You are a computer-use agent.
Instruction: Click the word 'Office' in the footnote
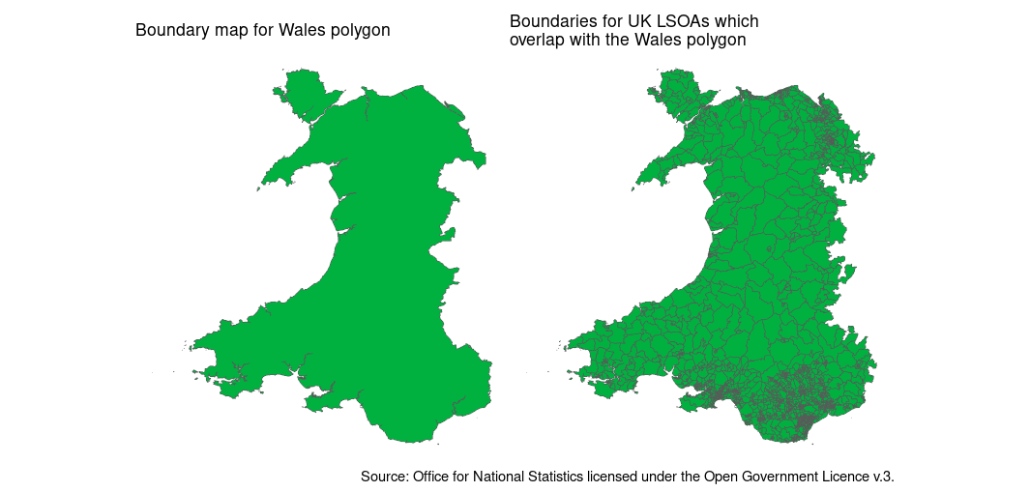431,477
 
